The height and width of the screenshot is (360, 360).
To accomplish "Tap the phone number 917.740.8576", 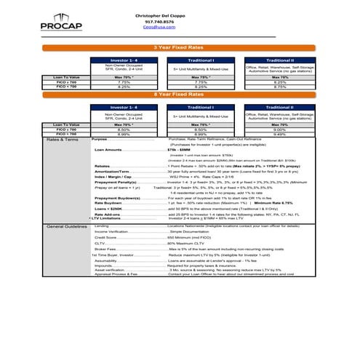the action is coord(159,22).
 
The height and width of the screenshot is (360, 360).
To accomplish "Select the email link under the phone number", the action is coord(159,28).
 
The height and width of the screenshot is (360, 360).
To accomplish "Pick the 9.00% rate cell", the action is coord(279,129).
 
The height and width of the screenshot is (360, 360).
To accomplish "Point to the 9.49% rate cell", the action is coord(279,134).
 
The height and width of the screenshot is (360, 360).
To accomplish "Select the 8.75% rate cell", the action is coord(279,87).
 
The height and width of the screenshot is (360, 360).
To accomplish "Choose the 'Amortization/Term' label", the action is coord(113,170).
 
